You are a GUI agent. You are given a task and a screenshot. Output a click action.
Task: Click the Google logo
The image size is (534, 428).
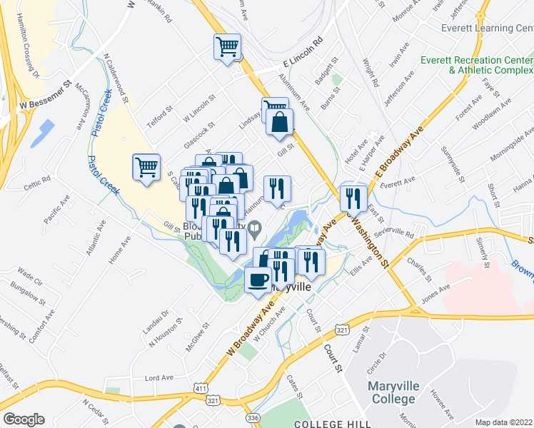click(23, 419)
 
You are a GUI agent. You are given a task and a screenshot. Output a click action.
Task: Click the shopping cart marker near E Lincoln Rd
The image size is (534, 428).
click(228, 48)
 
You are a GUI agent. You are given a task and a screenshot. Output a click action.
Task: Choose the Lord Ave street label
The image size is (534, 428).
click(160, 377)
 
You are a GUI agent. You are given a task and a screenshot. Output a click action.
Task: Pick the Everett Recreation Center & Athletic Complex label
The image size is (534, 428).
click(477, 66)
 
